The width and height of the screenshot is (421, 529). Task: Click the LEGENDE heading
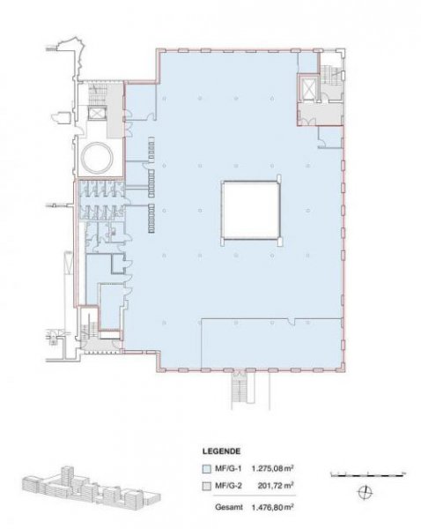pos(221,451)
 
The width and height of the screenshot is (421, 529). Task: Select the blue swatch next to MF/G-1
pos(206,469)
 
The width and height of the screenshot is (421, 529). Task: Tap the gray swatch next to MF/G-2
pos(206,486)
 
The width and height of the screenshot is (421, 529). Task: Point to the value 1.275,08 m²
pos(272,468)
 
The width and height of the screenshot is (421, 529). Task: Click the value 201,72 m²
pos(276,486)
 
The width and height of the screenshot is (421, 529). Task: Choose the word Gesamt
pos(229,507)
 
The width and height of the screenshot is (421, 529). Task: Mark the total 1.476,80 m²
pos(272,507)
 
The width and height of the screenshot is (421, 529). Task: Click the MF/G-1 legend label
pos(228,469)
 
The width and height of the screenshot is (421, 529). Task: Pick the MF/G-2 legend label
pos(228,486)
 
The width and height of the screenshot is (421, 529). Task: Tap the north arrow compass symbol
pos(365,493)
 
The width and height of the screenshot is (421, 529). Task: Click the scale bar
pos(368,475)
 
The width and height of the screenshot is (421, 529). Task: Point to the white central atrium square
pos(250,210)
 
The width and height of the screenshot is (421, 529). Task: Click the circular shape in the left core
pos(98,157)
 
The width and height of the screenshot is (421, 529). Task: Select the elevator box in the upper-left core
pos(98,114)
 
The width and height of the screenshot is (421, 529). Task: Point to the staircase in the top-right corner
pos(331,75)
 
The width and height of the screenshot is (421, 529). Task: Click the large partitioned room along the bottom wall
pos(271,343)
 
